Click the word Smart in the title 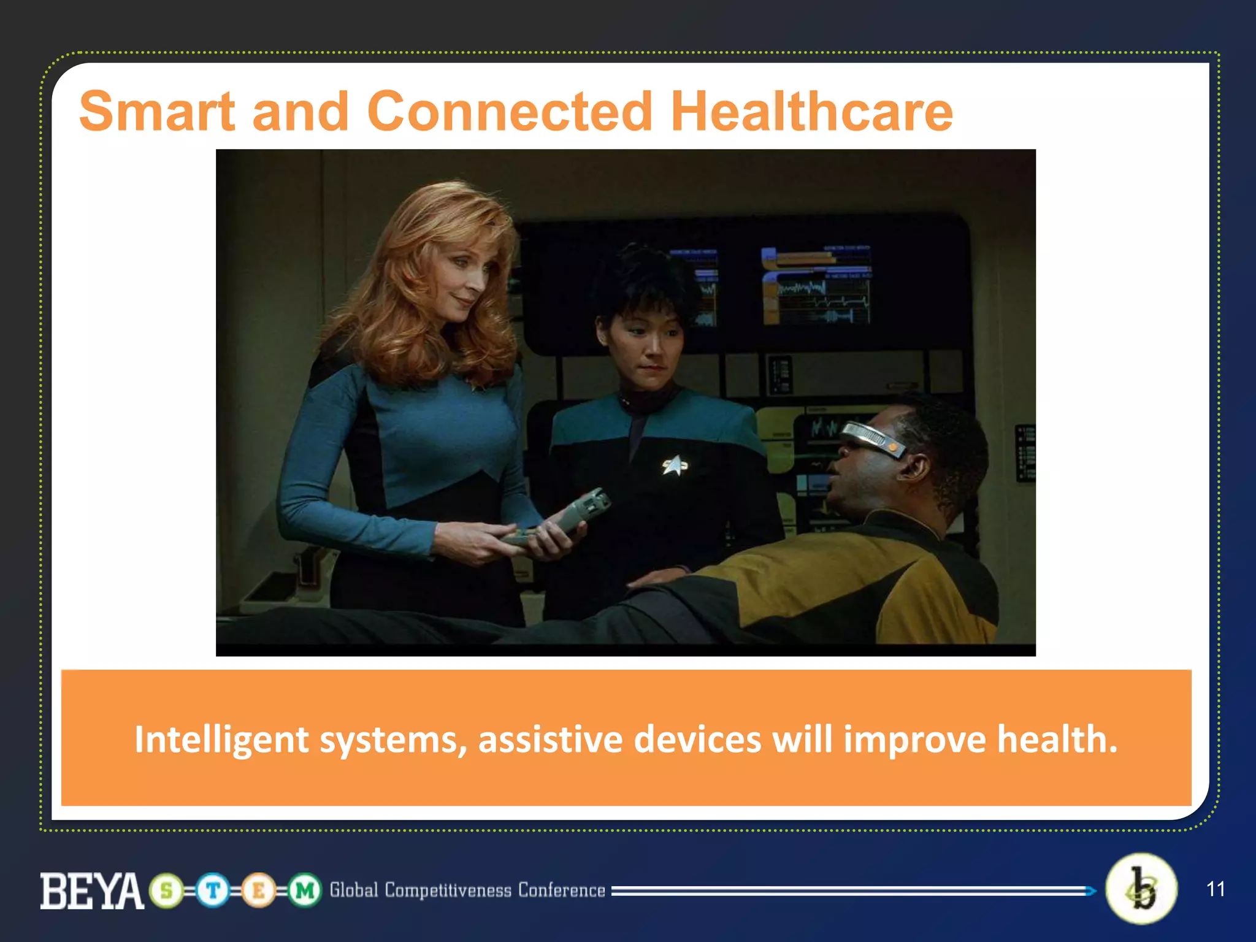coord(157,112)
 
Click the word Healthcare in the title coord(811,112)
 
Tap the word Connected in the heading coord(509,112)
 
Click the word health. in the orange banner coord(1057,739)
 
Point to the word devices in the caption coord(697,739)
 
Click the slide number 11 coord(1216,889)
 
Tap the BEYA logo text coord(92,890)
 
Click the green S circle coord(166,890)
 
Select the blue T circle coord(213,890)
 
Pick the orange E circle coord(258,890)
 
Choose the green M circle coord(304,890)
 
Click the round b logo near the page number coord(1141,889)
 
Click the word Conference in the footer coord(561,890)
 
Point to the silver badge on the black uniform coord(675,466)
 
